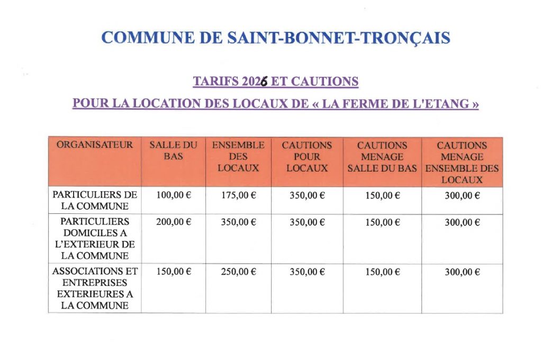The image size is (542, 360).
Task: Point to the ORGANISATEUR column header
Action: [95, 145]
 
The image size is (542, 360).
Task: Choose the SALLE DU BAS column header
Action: [173, 151]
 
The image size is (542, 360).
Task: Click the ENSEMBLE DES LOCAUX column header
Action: [238, 157]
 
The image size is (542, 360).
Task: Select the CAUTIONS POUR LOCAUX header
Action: [307, 157]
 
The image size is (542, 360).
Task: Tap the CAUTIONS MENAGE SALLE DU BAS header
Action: [382, 157]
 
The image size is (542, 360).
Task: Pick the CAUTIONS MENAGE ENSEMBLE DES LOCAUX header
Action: [462, 162]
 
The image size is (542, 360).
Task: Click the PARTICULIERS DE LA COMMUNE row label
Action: [95, 201]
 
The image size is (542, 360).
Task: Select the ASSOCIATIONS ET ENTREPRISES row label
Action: [95, 289]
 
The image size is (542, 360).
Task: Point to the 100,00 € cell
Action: [173, 195]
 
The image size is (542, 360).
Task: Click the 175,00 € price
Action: [238, 195]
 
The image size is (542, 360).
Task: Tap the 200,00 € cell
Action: [173, 222]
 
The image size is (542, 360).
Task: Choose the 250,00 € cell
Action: [238, 272]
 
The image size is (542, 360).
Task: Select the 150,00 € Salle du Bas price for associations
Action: [173, 272]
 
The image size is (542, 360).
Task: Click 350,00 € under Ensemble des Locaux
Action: [238, 222]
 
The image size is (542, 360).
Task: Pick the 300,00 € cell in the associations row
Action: [462, 272]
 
